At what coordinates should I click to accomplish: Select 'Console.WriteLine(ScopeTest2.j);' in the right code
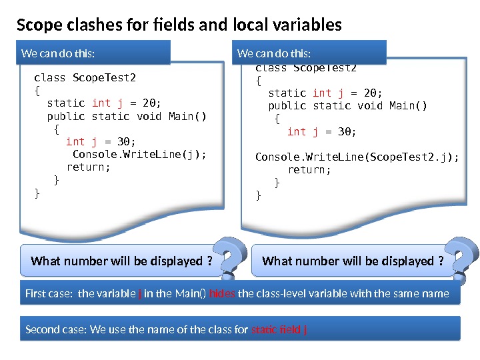[357, 157]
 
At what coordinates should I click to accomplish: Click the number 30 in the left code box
[124, 142]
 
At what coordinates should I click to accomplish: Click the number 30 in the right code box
[345, 131]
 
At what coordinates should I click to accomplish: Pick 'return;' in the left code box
[88, 167]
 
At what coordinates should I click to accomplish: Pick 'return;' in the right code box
[309, 170]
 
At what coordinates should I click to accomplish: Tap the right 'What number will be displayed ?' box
[353, 261]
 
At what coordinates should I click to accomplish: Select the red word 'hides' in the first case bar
[222, 293]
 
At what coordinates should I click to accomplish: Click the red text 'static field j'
[279, 329]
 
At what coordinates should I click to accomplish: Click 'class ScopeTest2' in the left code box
[85, 78]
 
